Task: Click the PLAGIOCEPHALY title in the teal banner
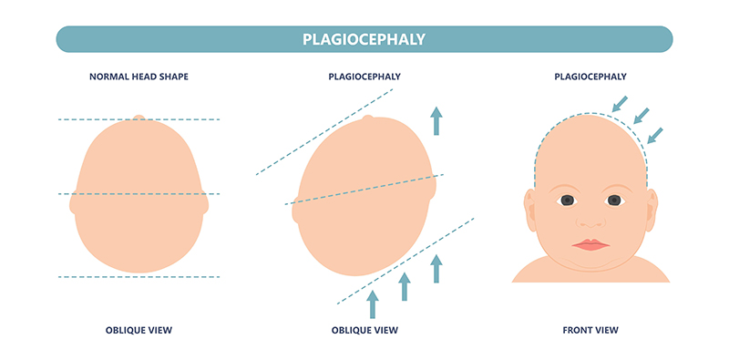(x=364, y=39)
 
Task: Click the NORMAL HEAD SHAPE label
(x=139, y=78)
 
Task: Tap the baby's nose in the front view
(x=590, y=221)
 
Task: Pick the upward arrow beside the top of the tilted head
(x=436, y=120)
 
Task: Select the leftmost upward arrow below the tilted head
(x=372, y=303)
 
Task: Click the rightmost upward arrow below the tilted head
(x=436, y=268)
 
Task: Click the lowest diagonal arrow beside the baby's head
(x=655, y=134)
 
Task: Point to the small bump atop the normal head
(x=139, y=118)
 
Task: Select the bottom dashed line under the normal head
(x=139, y=276)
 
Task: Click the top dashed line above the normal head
(x=139, y=119)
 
